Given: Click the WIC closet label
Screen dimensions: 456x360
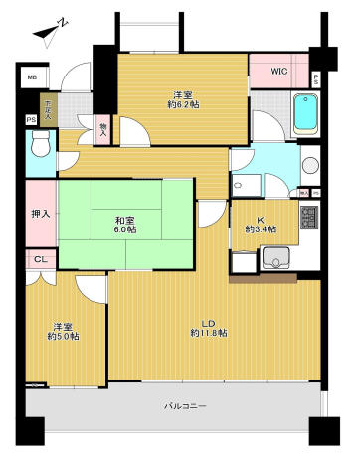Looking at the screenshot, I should pyautogui.click(x=277, y=71).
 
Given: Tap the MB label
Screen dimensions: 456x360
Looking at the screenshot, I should pyautogui.click(x=32, y=76).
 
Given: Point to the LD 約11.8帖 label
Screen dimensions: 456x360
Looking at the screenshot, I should pyautogui.click(x=209, y=327).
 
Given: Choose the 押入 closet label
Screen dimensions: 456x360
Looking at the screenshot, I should pyautogui.click(x=39, y=213).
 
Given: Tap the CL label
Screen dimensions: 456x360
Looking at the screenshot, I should pyautogui.click(x=39, y=260).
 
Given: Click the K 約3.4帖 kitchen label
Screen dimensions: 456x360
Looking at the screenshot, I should pyautogui.click(x=264, y=224).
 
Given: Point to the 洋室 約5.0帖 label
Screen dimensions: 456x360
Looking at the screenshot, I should pyautogui.click(x=63, y=331).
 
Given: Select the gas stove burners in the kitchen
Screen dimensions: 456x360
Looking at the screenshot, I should pyautogui.click(x=308, y=219).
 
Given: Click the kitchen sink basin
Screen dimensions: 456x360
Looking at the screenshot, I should pyautogui.click(x=275, y=260).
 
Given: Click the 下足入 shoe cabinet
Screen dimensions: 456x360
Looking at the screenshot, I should pyautogui.click(x=46, y=107).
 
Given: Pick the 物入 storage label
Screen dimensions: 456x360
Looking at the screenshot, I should pyautogui.click(x=104, y=126).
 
